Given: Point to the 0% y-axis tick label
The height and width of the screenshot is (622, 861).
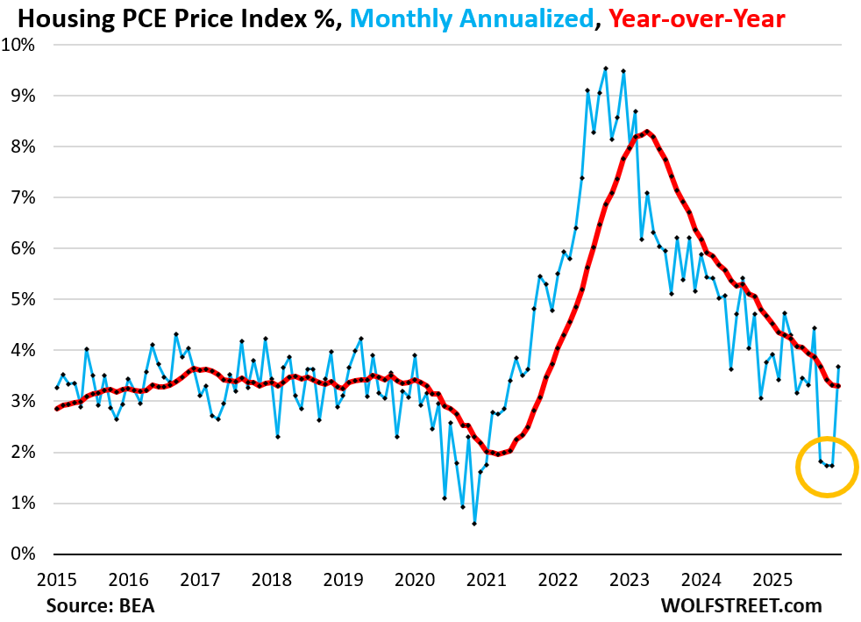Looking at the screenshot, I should pyautogui.click(x=25, y=554).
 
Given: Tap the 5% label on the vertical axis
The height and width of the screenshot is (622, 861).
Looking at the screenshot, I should pyautogui.click(x=25, y=299).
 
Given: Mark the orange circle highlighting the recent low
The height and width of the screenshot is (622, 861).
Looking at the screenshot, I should pyautogui.click(x=827, y=466).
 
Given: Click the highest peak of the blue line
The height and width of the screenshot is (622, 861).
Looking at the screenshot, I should pyautogui.click(x=605, y=68).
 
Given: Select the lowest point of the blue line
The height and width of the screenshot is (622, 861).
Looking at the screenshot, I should pyautogui.click(x=474, y=524).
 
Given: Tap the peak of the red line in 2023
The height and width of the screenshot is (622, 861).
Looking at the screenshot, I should pyautogui.click(x=646, y=132).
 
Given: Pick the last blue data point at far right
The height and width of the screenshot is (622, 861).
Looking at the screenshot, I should pyautogui.click(x=838, y=367).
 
